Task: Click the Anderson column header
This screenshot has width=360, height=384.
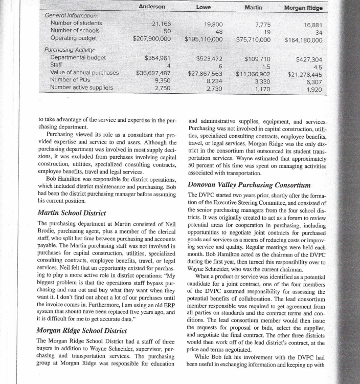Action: (152, 7)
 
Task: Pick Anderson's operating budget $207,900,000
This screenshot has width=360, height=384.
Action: (152, 38)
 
